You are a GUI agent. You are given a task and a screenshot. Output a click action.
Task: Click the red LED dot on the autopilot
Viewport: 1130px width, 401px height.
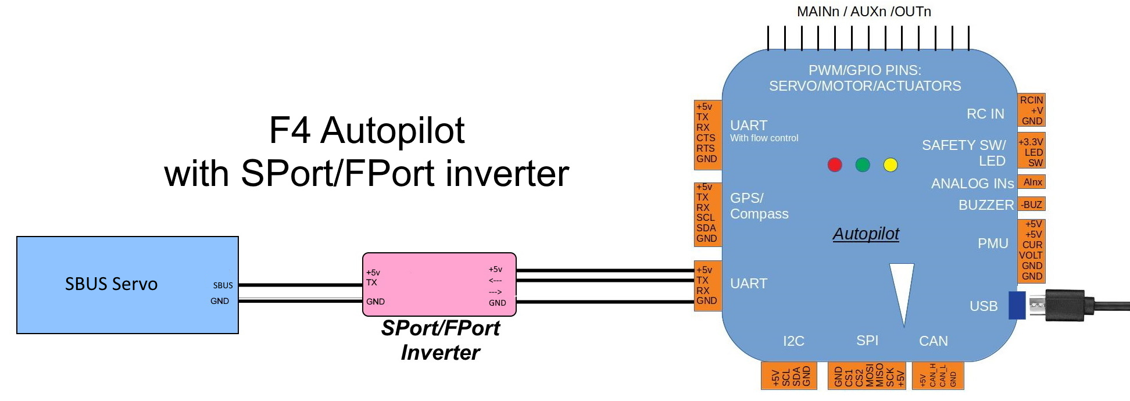point(835,165)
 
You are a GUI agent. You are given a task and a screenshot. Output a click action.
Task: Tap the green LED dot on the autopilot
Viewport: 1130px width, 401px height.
point(863,165)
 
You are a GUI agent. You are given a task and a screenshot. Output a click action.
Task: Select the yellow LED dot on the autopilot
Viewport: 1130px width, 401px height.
point(891,165)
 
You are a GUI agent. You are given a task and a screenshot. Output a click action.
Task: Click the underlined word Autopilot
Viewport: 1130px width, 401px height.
point(866,234)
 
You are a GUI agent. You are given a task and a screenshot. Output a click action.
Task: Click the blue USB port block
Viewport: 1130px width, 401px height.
point(1017,305)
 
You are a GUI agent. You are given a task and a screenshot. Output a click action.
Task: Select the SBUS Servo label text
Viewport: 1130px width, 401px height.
point(111,284)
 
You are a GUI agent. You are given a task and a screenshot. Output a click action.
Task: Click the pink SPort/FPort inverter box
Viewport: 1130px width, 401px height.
point(439,284)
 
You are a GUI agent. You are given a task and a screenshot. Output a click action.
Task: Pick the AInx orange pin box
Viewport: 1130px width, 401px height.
point(1032,182)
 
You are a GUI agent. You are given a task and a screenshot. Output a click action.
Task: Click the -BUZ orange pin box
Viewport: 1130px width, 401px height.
point(1032,205)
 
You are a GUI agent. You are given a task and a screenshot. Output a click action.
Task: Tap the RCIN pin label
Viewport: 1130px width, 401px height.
point(1031,100)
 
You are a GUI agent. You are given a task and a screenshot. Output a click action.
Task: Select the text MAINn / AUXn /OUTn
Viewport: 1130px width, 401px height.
point(864,12)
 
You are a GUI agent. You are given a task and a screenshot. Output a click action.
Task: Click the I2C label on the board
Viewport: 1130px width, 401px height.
point(793,341)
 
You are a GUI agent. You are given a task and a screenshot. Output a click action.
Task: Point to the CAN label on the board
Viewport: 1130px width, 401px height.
point(933,341)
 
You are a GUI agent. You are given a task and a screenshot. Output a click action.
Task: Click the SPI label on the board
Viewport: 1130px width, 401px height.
point(867,341)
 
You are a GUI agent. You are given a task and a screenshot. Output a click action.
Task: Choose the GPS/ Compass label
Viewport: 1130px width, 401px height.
point(759,206)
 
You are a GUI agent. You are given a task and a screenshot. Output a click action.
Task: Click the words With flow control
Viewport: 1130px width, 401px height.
point(764,138)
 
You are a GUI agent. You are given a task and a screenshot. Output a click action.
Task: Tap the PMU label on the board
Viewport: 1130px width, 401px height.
point(993,244)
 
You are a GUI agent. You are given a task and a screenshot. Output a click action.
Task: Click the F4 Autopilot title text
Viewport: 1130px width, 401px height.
point(366,130)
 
